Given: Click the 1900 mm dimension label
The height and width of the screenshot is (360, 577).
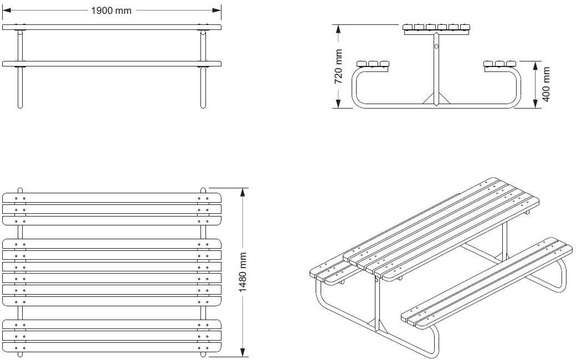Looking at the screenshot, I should (112, 11).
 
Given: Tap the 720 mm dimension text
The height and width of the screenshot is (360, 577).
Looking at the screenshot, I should (339, 66).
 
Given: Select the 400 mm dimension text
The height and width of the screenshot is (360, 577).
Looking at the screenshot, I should (547, 84).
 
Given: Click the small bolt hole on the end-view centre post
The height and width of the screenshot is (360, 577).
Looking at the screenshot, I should (436, 47).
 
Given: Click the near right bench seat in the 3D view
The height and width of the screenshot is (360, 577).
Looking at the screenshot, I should (487, 282).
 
